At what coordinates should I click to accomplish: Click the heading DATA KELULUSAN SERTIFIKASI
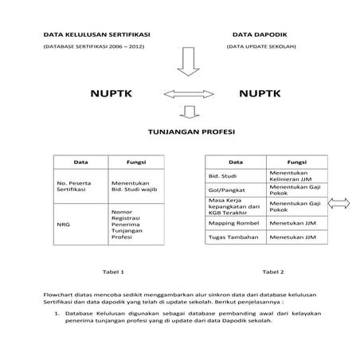coord(96,35)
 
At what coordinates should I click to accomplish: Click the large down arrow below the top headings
coord(188,61)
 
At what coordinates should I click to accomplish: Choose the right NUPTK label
coord(260,94)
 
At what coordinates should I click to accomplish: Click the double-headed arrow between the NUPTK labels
coord(186,94)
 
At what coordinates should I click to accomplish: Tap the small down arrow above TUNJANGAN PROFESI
coord(188,112)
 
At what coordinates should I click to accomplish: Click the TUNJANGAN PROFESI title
coord(188,131)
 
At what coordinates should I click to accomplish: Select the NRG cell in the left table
coord(64,225)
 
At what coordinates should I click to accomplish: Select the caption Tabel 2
coord(272,271)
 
